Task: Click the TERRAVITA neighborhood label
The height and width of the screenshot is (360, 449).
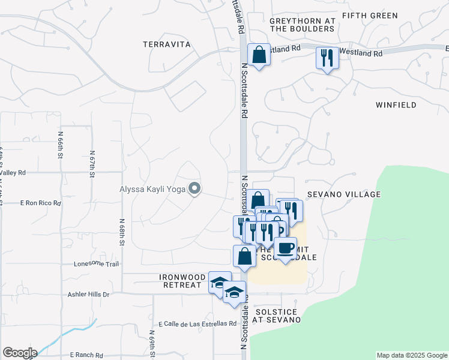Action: click(x=167, y=44)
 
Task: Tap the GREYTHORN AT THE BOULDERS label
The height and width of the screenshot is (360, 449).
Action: click(x=302, y=25)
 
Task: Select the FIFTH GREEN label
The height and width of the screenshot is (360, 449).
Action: click(x=370, y=15)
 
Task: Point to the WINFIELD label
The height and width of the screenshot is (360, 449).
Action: click(x=396, y=105)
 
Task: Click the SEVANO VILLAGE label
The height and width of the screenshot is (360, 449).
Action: click(x=344, y=194)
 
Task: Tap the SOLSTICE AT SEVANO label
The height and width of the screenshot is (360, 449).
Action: click(x=277, y=316)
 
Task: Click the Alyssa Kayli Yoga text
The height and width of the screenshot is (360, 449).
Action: click(x=151, y=190)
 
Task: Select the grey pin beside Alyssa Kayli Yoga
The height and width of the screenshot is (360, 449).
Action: click(x=194, y=189)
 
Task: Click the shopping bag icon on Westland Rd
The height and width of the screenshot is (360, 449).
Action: click(x=258, y=55)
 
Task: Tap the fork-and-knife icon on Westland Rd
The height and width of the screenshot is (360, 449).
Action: click(x=327, y=58)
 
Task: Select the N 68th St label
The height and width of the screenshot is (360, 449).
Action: click(x=121, y=231)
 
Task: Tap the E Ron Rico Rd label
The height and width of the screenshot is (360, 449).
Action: click(x=41, y=203)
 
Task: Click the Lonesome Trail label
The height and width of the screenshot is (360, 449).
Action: click(x=97, y=263)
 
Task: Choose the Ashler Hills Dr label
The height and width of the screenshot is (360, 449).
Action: click(x=89, y=295)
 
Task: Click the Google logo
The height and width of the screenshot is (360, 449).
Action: click(x=20, y=353)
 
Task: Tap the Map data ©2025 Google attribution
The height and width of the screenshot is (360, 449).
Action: click(x=411, y=355)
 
